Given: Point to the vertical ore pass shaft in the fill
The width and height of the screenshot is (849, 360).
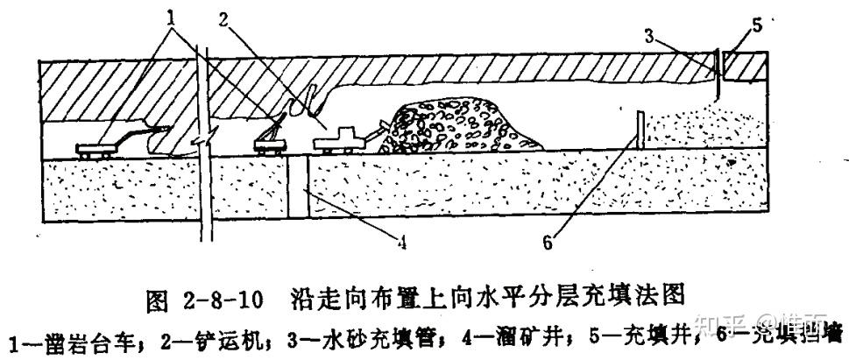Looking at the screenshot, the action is (300, 189).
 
